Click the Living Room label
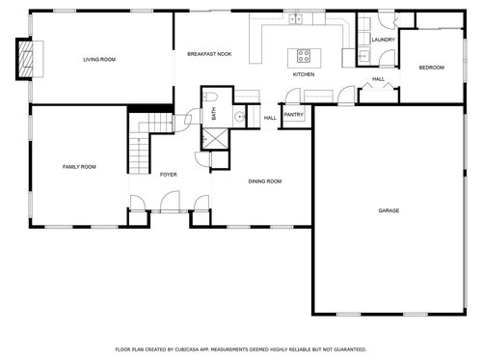99,60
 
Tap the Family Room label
79,167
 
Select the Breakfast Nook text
209,54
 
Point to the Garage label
388,210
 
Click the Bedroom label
432,68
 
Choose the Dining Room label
265,181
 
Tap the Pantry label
294,115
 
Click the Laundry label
384,40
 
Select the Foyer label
169,175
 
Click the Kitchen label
304,74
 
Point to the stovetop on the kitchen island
304,55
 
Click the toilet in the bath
210,97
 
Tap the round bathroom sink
239,116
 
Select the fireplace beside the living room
25,59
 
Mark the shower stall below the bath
216,139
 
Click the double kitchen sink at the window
296,19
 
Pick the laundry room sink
363,56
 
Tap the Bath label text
214,114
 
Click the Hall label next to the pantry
270,118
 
